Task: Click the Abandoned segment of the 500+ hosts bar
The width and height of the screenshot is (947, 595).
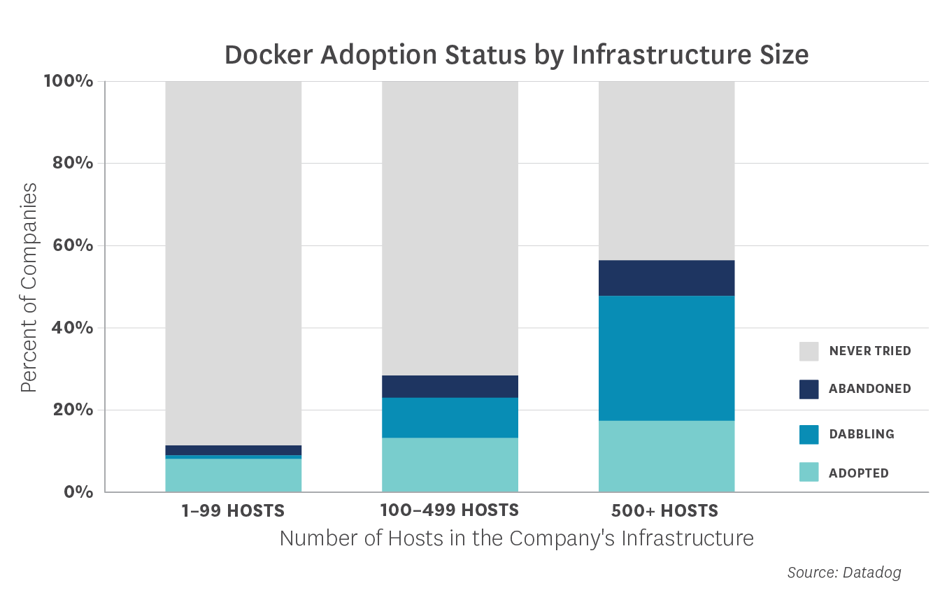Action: click(667, 278)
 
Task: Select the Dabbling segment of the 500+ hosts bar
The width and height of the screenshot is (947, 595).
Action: click(667, 358)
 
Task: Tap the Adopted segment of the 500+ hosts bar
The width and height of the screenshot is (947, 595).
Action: click(667, 456)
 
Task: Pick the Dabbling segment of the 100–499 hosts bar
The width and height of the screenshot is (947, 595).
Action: click(450, 417)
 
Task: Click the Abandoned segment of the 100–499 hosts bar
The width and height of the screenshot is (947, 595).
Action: click(450, 387)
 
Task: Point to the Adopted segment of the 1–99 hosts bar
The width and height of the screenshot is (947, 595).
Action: click(234, 475)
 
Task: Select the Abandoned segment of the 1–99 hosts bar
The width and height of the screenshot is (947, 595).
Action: click(234, 450)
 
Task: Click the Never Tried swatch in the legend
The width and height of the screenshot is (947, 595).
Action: click(809, 351)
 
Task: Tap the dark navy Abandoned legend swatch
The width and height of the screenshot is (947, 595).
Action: click(809, 389)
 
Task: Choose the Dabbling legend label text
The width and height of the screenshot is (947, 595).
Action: click(862, 434)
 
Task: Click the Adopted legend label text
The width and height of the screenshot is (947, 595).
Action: click(859, 473)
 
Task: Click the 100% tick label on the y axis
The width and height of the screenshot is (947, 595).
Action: click(69, 81)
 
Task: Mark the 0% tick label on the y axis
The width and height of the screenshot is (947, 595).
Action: click(78, 492)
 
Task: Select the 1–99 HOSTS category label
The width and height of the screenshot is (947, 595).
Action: click(233, 511)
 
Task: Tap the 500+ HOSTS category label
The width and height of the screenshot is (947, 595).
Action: click(664, 511)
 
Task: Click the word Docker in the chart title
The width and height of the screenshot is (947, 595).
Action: click(269, 55)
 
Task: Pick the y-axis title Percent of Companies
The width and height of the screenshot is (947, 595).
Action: click(29, 287)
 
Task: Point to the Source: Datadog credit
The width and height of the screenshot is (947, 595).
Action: click(844, 573)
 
